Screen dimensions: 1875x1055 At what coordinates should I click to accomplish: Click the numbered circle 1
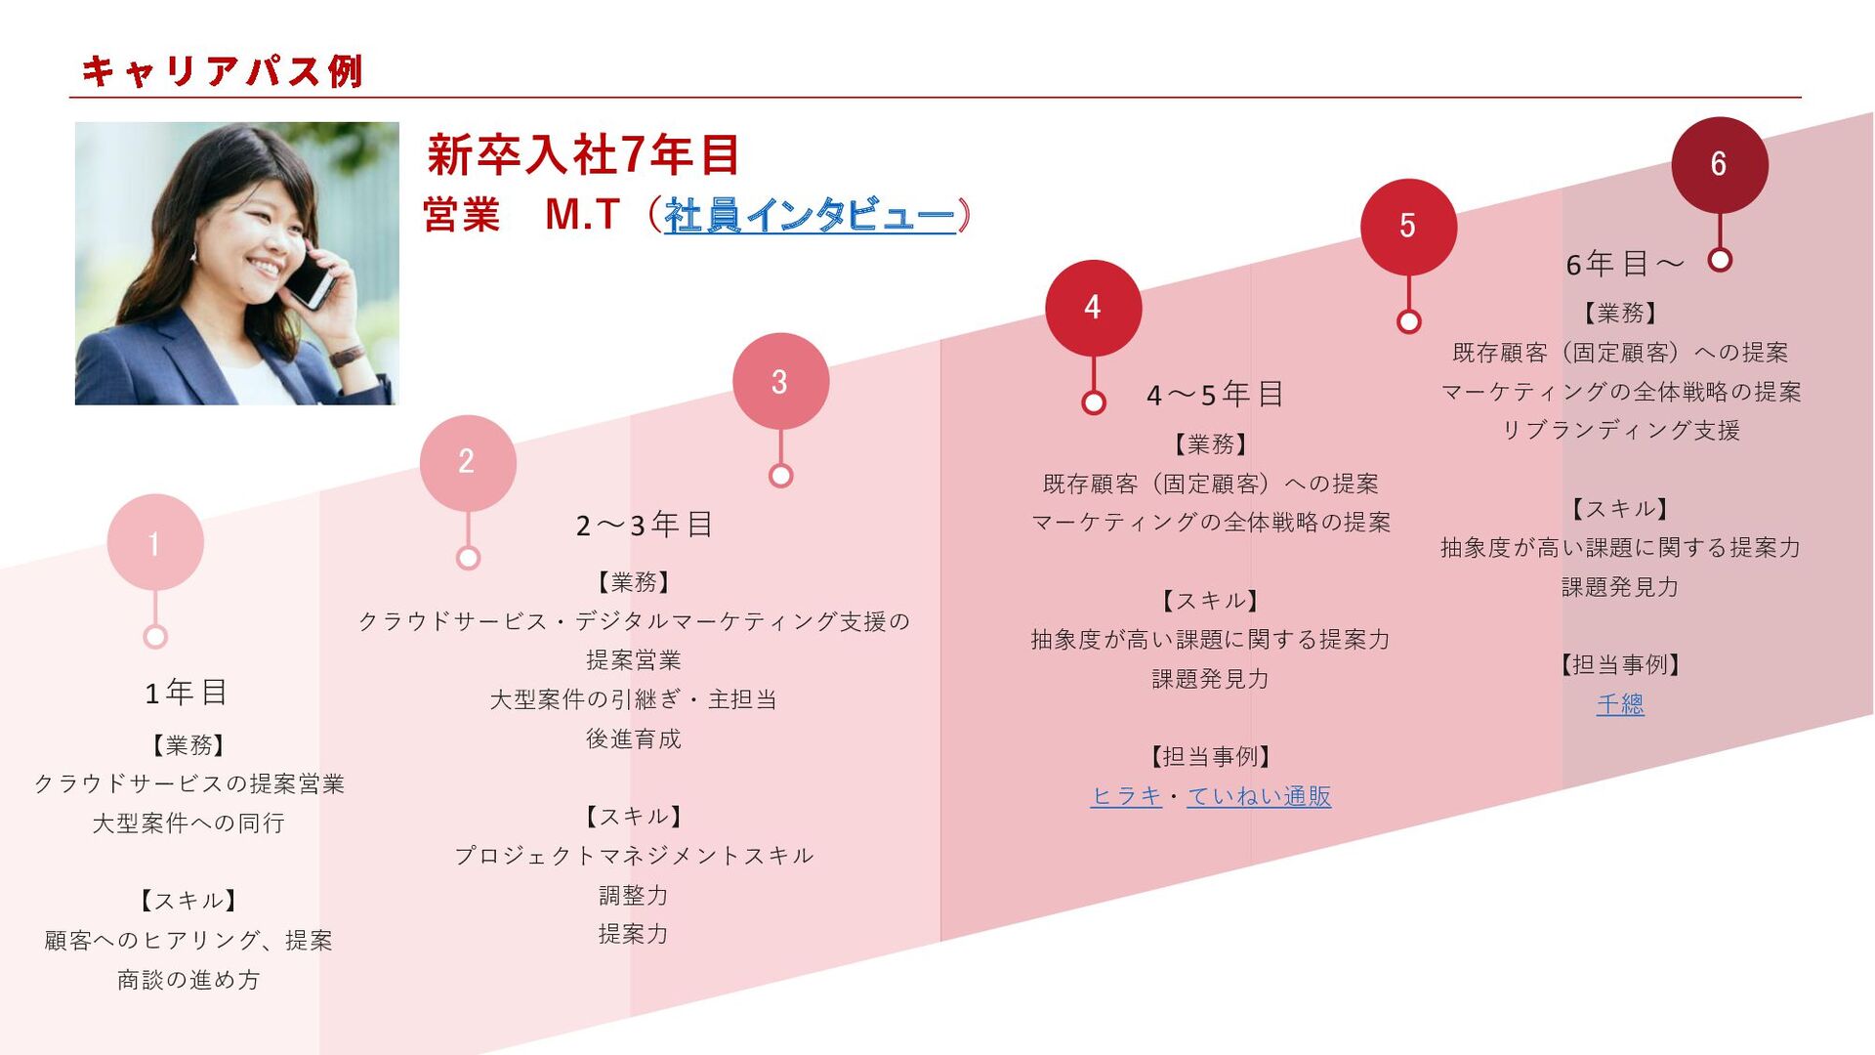click(x=155, y=542)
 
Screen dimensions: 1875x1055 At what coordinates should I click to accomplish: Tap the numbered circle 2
click(x=468, y=462)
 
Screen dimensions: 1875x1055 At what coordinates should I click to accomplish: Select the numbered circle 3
click(x=780, y=381)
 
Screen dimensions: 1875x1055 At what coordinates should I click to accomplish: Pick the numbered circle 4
click(x=1093, y=308)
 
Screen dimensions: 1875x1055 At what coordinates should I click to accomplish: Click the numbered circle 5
click(x=1407, y=226)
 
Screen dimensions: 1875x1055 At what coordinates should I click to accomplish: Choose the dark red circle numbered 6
click(x=1719, y=164)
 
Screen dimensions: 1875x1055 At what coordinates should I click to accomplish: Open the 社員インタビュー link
click(x=809, y=215)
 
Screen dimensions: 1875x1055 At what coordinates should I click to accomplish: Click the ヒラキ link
click(x=1126, y=796)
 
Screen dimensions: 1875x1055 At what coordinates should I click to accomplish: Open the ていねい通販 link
click(x=1259, y=796)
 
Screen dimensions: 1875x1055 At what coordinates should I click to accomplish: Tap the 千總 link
click(x=1620, y=703)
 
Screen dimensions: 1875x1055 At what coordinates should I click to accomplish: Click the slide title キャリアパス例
click(x=223, y=71)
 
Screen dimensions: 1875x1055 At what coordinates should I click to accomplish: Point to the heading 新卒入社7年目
click(x=583, y=155)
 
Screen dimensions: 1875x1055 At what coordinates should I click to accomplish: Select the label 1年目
click(x=187, y=693)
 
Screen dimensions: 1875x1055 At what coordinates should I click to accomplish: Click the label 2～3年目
click(x=645, y=525)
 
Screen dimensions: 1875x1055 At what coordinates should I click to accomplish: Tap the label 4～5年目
click(x=1215, y=395)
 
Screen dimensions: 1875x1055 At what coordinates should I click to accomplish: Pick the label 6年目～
click(x=1624, y=264)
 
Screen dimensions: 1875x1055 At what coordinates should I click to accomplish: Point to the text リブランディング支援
click(x=1620, y=430)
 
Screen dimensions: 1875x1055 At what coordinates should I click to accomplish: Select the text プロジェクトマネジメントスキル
click(x=634, y=856)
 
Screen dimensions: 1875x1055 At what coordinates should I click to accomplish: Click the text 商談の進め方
click(x=188, y=980)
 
